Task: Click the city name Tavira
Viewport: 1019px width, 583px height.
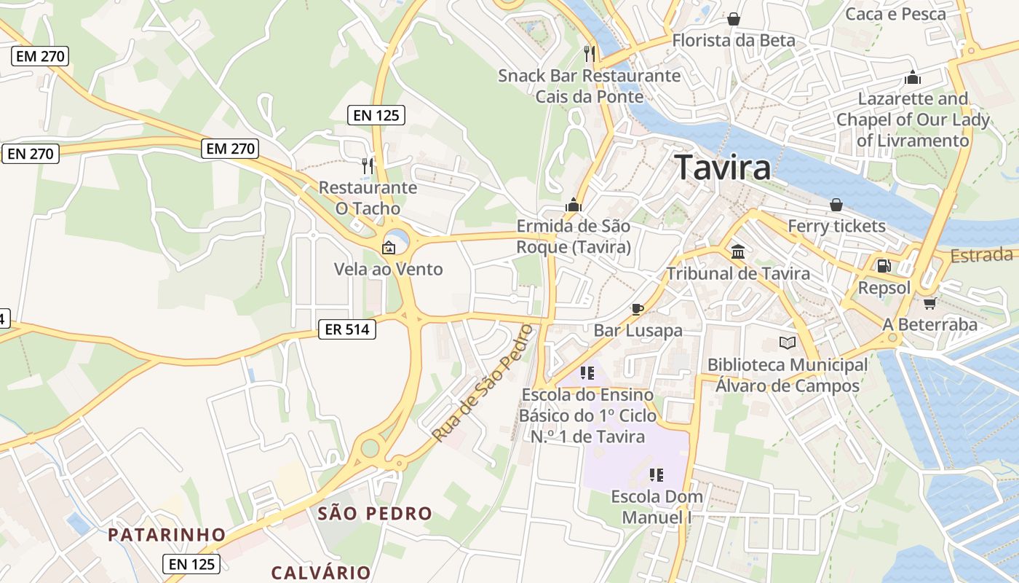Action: point(722,168)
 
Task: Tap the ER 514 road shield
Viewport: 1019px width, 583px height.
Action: point(347,329)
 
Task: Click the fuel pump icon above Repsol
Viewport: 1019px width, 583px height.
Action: point(884,267)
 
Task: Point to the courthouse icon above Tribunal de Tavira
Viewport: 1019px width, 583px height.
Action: point(738,252)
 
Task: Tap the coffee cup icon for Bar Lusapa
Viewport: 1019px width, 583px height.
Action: point(638,309)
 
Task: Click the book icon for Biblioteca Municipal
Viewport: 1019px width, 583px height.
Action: point(787,343)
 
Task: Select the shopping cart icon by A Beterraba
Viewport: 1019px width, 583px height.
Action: point(929,303)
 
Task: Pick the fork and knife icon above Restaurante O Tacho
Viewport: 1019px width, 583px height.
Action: point(367,166)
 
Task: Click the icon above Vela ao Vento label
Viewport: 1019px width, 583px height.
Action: point(389,248)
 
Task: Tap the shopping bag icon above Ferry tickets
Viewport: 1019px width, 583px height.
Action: point(836,205)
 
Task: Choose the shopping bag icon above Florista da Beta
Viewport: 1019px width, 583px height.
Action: point(734,18)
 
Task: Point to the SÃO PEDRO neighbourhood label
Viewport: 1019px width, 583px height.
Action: point(375,513)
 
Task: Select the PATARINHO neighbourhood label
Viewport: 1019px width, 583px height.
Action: point(167,536)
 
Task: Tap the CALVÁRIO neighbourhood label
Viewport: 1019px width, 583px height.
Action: point(321,572)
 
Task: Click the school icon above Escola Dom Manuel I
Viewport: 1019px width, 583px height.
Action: point(657,475)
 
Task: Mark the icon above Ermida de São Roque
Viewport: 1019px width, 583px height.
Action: point(574,205)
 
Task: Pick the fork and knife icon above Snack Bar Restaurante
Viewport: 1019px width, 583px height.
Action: point(590,53)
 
